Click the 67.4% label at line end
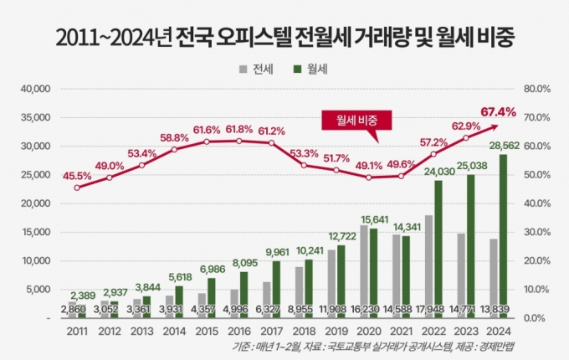coord(498,112)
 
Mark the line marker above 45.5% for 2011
coord(76,188)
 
